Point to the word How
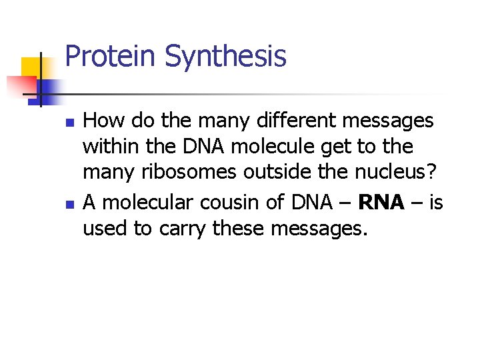(105, 121)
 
